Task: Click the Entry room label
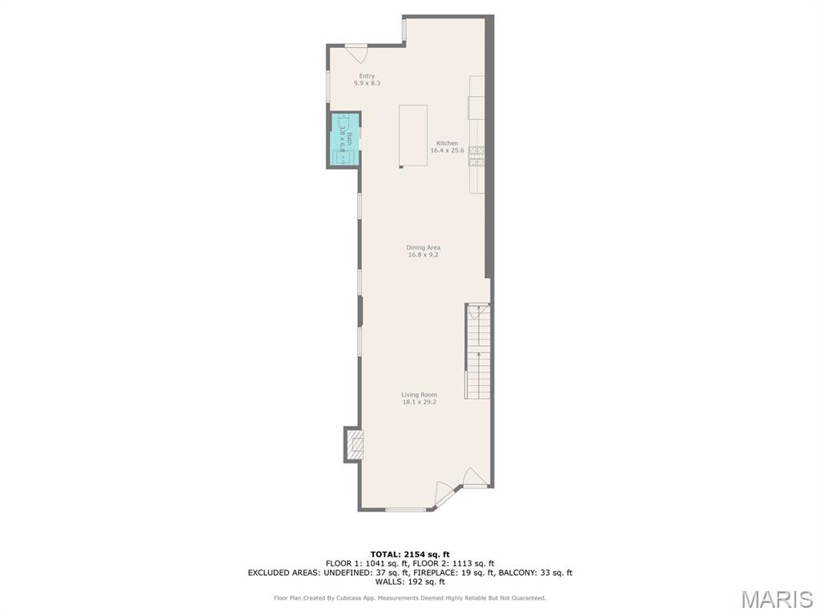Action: pos(367,76)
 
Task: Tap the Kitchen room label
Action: pos(447,143)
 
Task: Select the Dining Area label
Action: pos(423,247)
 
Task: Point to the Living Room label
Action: pos(419,394)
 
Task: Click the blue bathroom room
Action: pos(344,140)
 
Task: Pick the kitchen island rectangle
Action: pos(413,135)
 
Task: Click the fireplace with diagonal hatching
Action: pos(355,444)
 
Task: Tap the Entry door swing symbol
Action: pos(357,54)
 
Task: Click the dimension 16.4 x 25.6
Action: pos(447,151)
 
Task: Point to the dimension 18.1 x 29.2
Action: pos(419,402)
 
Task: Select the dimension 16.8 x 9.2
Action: pos(423,255)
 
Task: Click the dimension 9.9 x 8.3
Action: pos(367,83)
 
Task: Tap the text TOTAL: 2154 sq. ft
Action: pos(410,554)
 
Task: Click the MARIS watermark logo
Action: pos(777,599)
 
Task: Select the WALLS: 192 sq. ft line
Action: pos(410,582)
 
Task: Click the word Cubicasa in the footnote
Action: pos(364,597)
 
